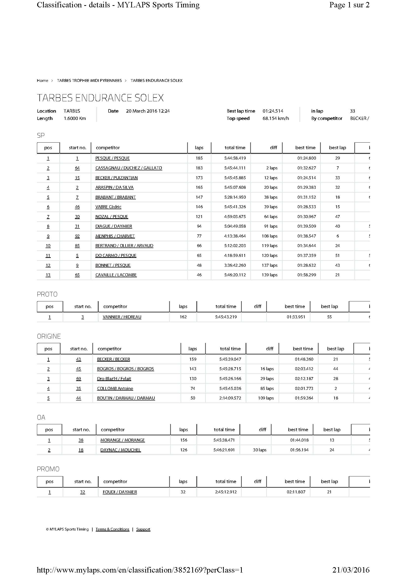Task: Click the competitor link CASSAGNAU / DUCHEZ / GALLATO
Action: click(x=129, y=168)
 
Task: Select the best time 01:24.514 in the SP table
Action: click(x=307, y=178)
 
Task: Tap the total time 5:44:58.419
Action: click(x=235, y=158)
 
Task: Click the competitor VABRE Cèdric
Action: click(x=108, y=207)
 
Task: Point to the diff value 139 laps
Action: click(x=270, y=275)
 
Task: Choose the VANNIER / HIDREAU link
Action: click(x=122, y=317)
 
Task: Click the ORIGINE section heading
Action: click(x=49, y=336)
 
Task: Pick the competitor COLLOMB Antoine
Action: click(x=115, y=388)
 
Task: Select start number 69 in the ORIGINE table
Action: click(x=79, y=379)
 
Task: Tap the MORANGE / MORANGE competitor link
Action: click(x=123, y=440)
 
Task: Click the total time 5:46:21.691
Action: click(x=224, y=450)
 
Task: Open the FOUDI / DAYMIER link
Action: click(x=120, y=492)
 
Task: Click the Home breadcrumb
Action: click(x=42, y=80)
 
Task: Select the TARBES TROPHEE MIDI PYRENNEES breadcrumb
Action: click(x=89, y=80)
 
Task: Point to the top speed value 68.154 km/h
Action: click(x=276, y=118)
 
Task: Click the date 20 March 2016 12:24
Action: click(x=148, y=111)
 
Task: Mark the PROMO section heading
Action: click(x=48, y=469)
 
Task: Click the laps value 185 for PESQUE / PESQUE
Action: click(x=199, y=158)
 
